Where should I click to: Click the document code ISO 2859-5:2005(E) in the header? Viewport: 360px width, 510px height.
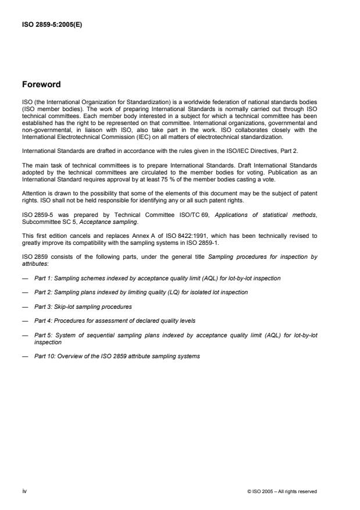(52, 25)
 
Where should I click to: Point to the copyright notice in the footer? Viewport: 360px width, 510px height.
(282, 491)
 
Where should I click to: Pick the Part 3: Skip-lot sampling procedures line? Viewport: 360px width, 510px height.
(83, 306)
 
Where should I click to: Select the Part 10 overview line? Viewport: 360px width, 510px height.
(117, 356)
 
